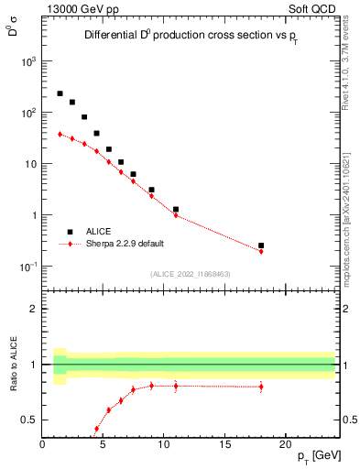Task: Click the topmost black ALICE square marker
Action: pos(60,93)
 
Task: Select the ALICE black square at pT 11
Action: pos(176,209)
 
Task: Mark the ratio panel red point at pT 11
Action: pos(176,386)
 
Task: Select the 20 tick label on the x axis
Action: pos(286,446)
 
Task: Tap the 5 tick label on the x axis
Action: pos(103,446)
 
